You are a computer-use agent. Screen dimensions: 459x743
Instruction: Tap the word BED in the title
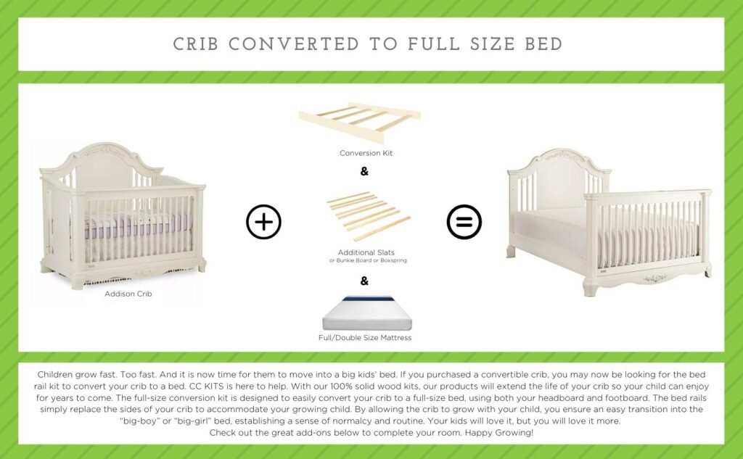(x=543, y=44)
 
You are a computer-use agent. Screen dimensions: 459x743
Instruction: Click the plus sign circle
(x=263, y=222)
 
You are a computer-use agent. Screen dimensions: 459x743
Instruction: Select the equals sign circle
(x=464, y=222)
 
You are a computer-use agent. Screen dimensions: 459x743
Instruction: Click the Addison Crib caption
(x=128, y=294)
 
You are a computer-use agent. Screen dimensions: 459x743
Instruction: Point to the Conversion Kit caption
(x=366, y=153)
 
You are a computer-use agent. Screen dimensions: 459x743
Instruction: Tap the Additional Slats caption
(x=366, y=252)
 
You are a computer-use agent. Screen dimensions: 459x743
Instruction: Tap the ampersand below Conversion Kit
(x=364, y=172)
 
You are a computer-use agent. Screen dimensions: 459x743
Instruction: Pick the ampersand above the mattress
(x=364, y=281)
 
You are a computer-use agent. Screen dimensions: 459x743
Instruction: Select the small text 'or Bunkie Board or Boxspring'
(x=366, y=260)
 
